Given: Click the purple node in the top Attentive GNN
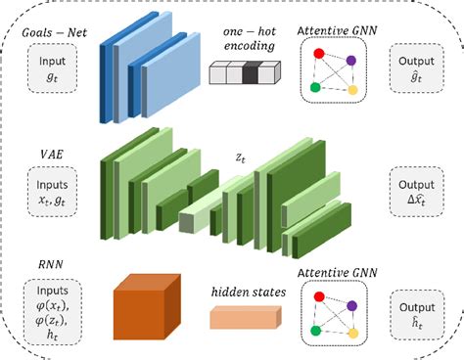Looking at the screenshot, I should click(350, 61).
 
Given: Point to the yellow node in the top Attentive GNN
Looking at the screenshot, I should click(350, 90).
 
